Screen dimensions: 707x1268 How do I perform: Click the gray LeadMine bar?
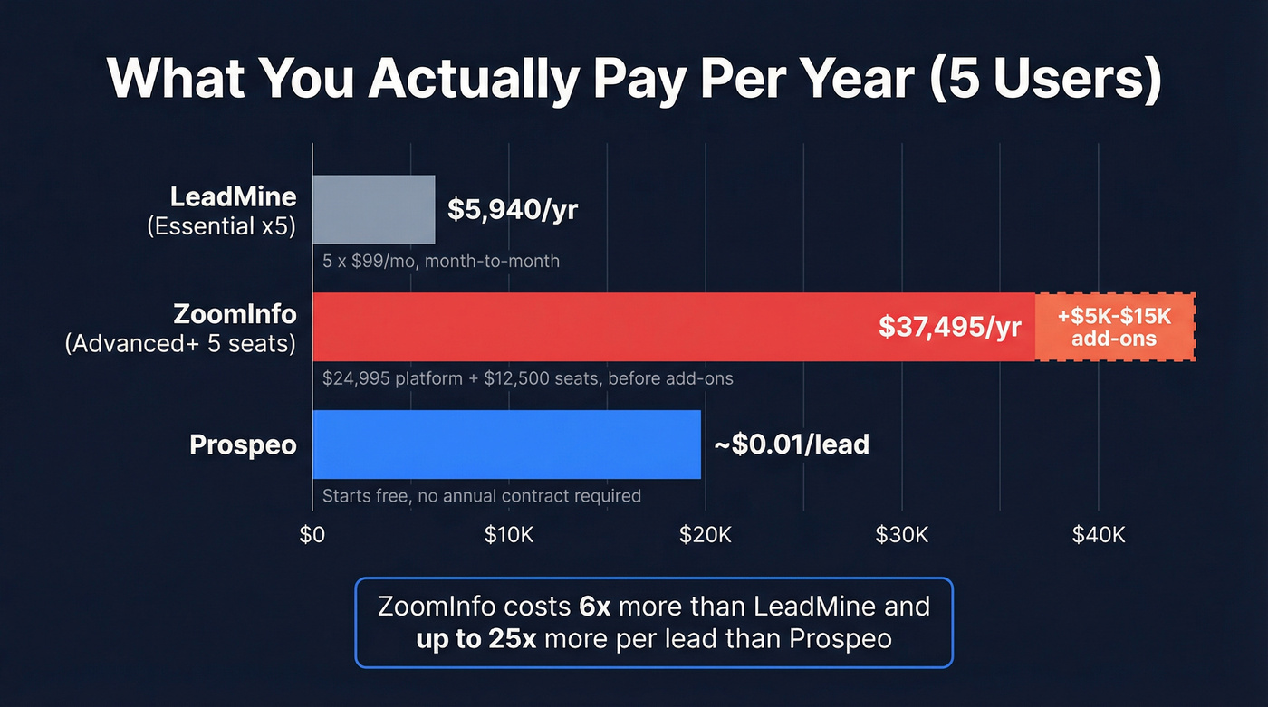coord(374,210)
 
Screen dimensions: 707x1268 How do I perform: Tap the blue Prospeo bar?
coord(506,444)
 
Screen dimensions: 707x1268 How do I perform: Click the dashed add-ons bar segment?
coord(1114,327)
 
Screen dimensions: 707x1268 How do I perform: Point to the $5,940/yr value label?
coord(513,209)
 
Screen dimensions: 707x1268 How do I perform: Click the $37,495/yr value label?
coord(950,327)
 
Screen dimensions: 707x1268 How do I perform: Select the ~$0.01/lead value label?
coord(792,444)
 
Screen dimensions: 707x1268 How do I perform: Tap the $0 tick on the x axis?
coord(312,534)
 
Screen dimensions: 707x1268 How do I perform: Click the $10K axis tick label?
coord(509,534)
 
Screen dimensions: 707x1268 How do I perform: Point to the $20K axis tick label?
coord(706,534)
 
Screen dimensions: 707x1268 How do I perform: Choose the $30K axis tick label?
coord(902,534)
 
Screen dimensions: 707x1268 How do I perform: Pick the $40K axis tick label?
coord(1098,534)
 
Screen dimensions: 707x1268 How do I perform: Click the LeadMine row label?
coord(234,197)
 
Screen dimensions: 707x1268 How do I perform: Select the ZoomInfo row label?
coord(235,314)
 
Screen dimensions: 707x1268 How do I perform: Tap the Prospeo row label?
coord(243,445)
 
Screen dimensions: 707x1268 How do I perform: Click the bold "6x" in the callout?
coord(598,606)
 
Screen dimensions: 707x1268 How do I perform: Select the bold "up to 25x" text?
coord(476,638)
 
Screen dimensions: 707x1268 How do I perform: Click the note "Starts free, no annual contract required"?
coord(482,496)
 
